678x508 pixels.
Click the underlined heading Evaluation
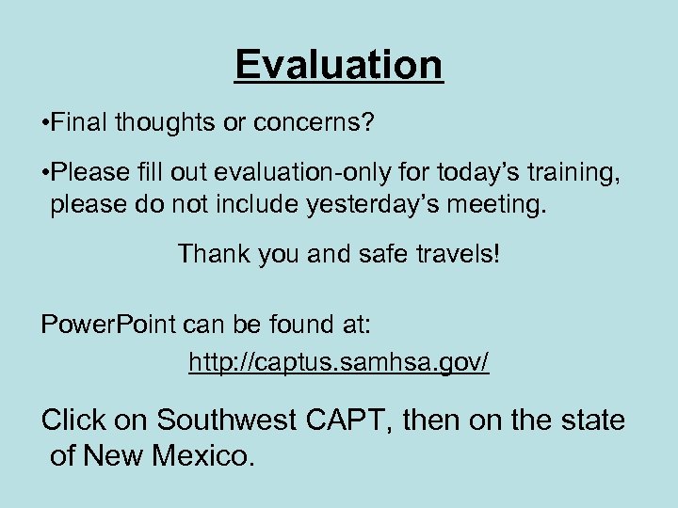click(x=339, y=65)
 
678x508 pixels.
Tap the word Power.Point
click(x=108, y=325)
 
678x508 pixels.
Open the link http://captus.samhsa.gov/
click(x=339, y=362)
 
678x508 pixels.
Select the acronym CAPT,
click(x=349, y=420)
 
